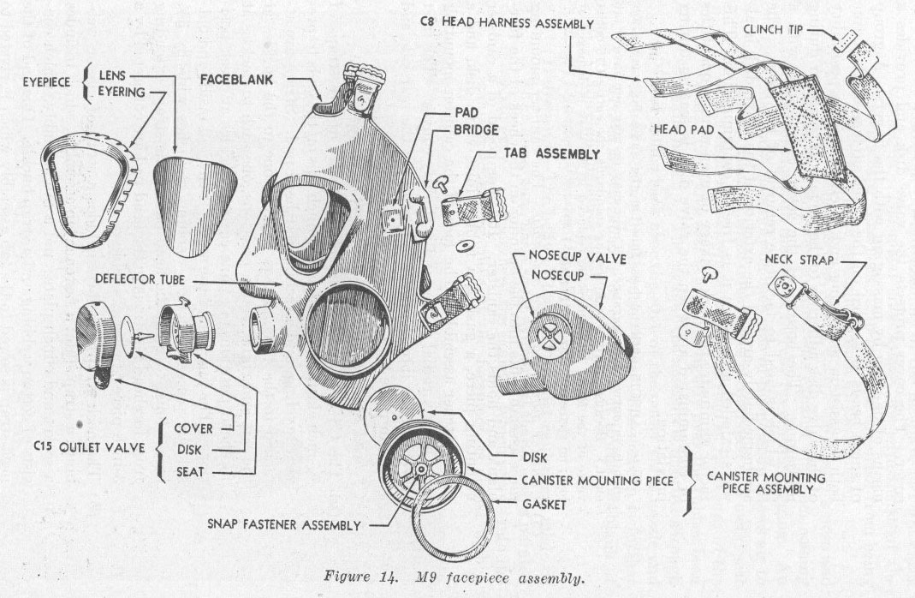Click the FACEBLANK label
(236, 80)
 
